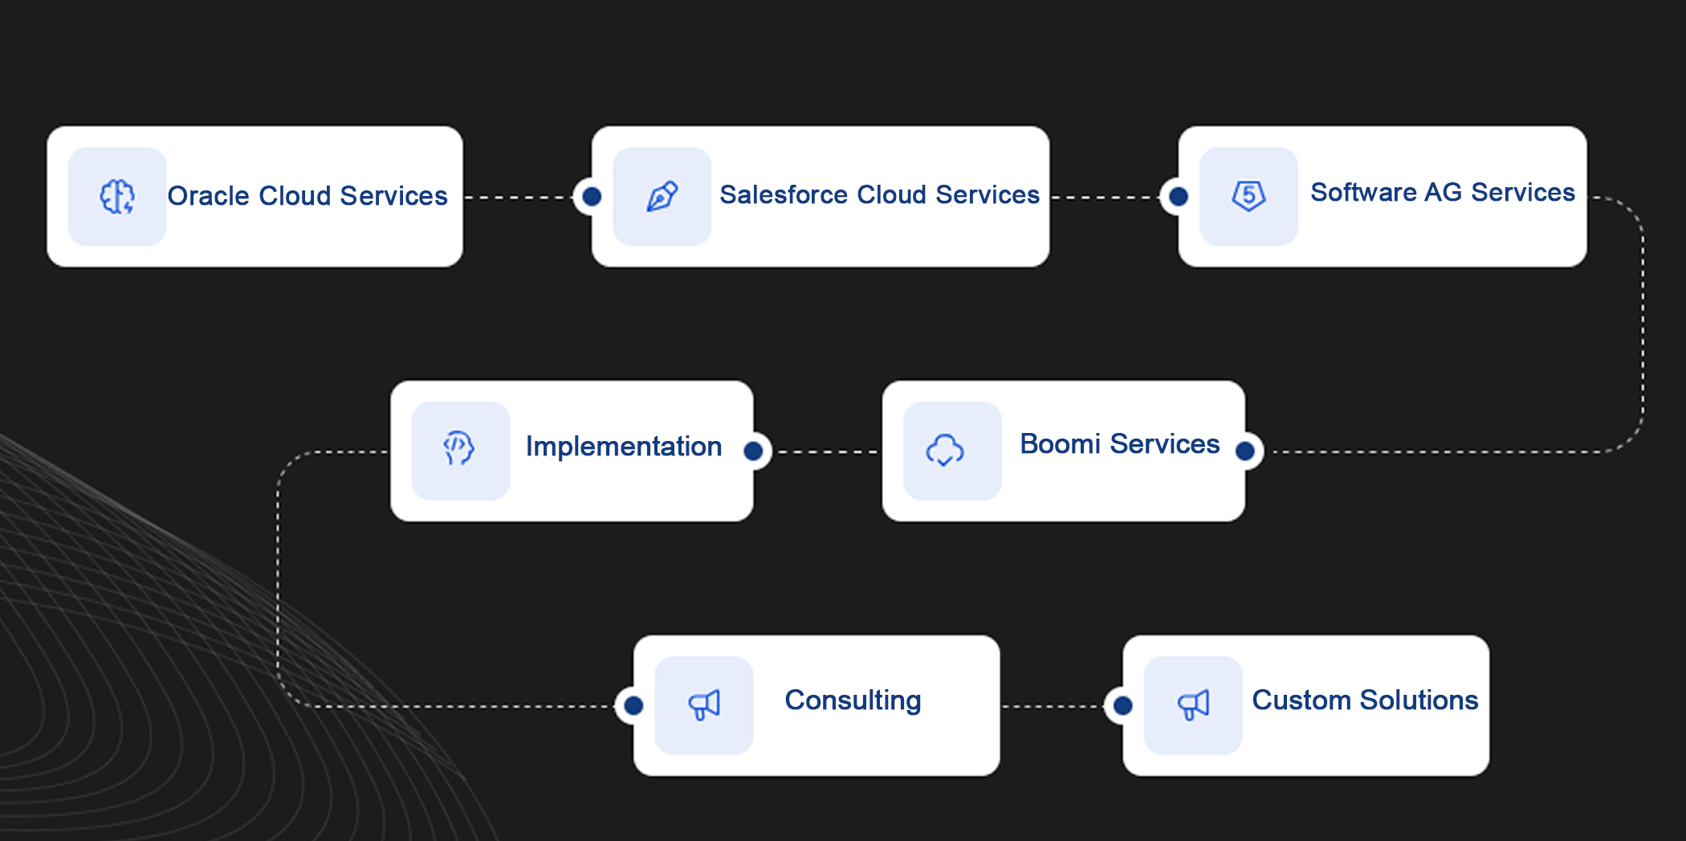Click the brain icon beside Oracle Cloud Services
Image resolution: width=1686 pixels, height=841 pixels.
tap(117, 196)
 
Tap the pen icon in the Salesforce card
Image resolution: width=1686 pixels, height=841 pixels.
tap(662, 196)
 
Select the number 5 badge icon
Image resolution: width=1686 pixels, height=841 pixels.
tap(1248, 195)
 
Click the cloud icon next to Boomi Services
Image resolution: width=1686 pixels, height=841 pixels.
tap(945, 450)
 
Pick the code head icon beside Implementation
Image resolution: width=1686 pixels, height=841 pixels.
tap(459, 448)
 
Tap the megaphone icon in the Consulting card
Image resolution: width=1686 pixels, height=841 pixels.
tap(704, 704)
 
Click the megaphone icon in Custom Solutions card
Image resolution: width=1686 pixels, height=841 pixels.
tap(1193, 704)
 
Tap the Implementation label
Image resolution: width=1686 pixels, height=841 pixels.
tap(624, 446)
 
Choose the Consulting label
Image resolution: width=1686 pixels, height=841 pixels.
tap(853, 700)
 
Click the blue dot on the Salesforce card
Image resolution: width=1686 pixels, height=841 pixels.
tap(592, 196)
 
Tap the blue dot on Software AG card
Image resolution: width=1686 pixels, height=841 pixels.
tap(1179, 196)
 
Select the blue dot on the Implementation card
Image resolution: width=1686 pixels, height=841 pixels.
tap(753, 451)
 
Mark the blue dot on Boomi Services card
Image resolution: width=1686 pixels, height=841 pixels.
tap(1245, 451)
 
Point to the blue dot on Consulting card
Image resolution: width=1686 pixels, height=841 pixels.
tap(633, 705)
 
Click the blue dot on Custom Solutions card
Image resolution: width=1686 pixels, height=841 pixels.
tap(1123, 705)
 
